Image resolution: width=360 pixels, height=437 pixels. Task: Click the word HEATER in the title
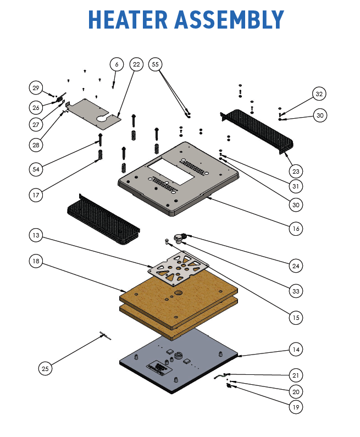coord(128,20)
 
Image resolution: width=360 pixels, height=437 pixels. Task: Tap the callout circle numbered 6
coord(116,64)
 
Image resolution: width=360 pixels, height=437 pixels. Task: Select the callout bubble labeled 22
coord(137,64)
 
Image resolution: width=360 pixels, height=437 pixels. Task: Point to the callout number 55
coord(156,64)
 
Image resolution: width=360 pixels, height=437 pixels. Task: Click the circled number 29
coord(36,88)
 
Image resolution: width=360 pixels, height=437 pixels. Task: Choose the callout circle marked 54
coord(36,169)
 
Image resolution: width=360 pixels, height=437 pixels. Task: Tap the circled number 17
coord(36,194)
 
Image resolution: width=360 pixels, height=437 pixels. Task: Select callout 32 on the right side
coord(319,94)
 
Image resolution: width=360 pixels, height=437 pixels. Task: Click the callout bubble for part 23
coord(297,171)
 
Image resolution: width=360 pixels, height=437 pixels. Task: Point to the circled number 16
coord(297,228)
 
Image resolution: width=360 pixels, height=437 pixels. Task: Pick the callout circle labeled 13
coord(36,235)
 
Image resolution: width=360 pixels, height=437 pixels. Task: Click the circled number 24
coord(297,266)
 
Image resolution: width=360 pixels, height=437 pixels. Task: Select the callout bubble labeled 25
coord(46,368)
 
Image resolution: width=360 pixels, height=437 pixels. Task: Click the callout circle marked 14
coord(297,349)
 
